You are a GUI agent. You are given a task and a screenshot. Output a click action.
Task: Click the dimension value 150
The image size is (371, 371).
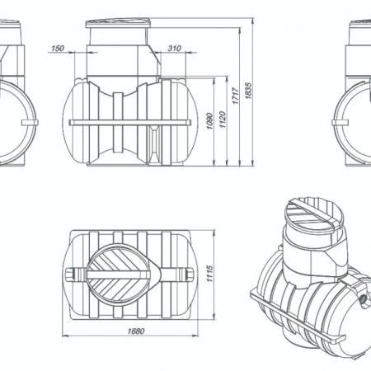[58, 49]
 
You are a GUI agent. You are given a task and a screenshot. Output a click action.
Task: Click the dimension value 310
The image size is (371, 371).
[174, 49]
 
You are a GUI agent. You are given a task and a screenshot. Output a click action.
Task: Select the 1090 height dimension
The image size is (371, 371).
[209, 121]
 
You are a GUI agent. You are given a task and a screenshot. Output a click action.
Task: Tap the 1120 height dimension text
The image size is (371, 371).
[223, 120]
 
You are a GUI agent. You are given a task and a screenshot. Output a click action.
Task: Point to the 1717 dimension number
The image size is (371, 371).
[236, 96]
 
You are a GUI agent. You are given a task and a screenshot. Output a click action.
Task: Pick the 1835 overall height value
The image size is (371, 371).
[248, 91]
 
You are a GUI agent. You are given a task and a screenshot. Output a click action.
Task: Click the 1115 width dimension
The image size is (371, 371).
[209, 274]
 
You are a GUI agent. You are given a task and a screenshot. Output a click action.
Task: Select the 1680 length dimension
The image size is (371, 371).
[136, 331]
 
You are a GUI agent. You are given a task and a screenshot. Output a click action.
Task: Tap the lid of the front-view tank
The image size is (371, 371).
[118, 23]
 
